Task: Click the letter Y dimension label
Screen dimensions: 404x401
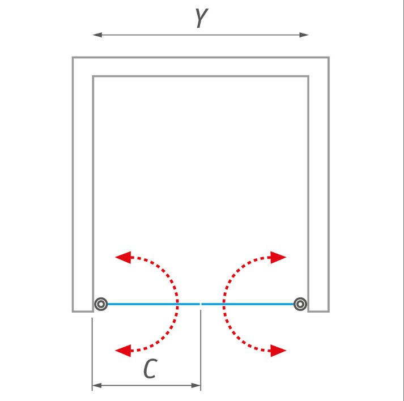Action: pos(202,18)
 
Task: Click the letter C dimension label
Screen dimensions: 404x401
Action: pos(150,368)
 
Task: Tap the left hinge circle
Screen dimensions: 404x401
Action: pos(101,304)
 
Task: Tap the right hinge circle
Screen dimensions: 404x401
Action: pos(300,304)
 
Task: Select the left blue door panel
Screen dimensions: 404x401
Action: pos(154,304)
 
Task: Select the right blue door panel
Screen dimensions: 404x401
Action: pos(248,304)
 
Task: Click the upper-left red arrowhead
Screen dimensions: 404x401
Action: pos(123,257)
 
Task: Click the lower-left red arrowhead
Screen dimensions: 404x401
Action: pos(123,351)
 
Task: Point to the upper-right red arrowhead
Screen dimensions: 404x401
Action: pos(278,257)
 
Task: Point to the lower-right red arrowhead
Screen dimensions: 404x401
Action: pos(278,351)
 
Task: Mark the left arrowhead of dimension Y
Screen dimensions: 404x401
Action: pos(97,35)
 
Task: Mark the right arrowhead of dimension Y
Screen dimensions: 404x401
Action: pos(304,35)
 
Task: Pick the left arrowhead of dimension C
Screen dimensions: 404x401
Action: pos(97,386)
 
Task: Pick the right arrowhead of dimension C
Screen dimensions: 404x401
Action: pos(196,386)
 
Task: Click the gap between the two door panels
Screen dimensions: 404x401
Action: pos(201,304)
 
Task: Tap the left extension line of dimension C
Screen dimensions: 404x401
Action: pos(92,354)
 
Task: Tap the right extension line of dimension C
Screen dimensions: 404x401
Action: pos(201,350)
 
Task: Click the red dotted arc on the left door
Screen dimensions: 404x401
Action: pos(177,304)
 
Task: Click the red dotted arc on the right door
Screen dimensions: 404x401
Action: pos(224,304)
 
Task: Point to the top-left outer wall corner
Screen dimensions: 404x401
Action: pos(73,57)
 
